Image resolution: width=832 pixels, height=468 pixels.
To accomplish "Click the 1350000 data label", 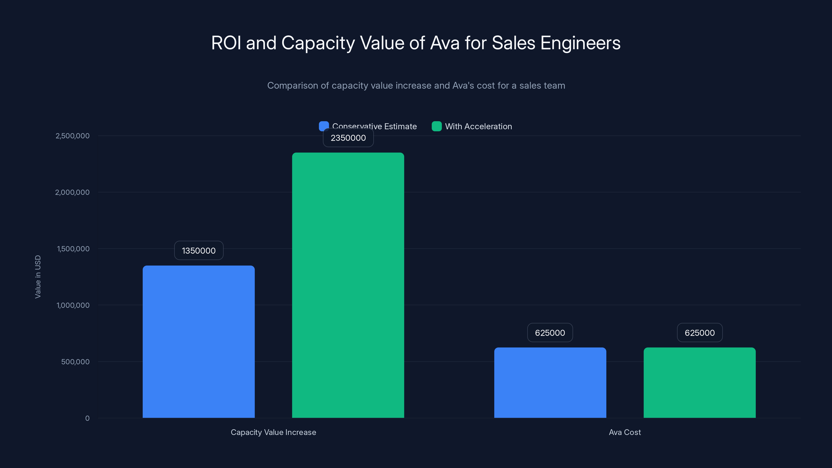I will point(199,251).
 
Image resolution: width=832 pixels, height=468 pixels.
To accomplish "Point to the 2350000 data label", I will point(348,138).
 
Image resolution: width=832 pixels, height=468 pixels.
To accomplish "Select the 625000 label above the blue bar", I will point(550,333).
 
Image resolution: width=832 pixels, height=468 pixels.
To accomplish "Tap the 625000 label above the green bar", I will point(700,333).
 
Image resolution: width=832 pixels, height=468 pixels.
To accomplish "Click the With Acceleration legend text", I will point(478,126).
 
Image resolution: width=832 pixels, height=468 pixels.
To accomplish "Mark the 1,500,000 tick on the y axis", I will point(73,249).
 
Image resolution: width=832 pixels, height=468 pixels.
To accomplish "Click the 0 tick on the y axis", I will point(87,418).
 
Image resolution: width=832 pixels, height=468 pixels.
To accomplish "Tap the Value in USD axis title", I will point(38,277).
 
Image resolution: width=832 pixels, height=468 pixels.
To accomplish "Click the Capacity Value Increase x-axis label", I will point(273,432).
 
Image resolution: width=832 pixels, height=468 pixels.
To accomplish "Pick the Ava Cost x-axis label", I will point(625,432).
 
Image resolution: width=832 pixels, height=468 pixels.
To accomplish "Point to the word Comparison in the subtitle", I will point(292,86).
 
